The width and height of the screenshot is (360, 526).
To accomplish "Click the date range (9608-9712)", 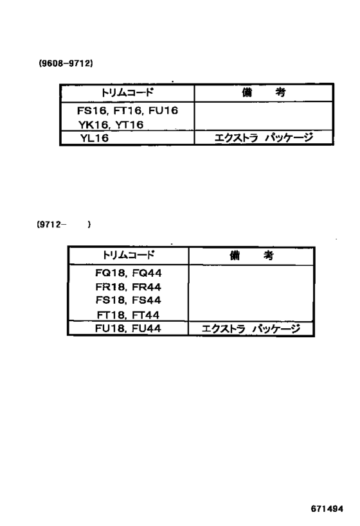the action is [66, 63].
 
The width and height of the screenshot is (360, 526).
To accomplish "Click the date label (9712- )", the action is [64, 224].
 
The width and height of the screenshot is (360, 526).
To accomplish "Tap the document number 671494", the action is [327, 509].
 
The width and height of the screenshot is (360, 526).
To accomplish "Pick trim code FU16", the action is [163, 110].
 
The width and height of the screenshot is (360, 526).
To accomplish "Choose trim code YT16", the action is [129, 125].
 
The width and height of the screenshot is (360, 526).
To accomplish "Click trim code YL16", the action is [94, 138].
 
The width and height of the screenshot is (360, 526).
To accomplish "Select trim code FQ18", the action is [110, 273].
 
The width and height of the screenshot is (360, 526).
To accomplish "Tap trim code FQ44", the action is [147, 273].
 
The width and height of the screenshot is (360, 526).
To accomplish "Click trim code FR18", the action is [110, 287].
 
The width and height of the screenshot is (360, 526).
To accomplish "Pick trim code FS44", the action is [147, 300].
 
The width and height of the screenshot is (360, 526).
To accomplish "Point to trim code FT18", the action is [111, 315].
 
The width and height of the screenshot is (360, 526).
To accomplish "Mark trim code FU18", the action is [110, 328].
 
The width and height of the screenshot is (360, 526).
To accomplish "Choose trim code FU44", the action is [147, 328].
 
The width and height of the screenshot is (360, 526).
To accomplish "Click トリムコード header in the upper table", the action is [127, 92].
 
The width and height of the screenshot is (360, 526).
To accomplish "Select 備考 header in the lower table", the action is [251, 255].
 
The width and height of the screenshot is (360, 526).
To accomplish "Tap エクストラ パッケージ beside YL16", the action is [264, 137].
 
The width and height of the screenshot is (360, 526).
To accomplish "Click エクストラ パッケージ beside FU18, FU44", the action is [251, 328].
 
